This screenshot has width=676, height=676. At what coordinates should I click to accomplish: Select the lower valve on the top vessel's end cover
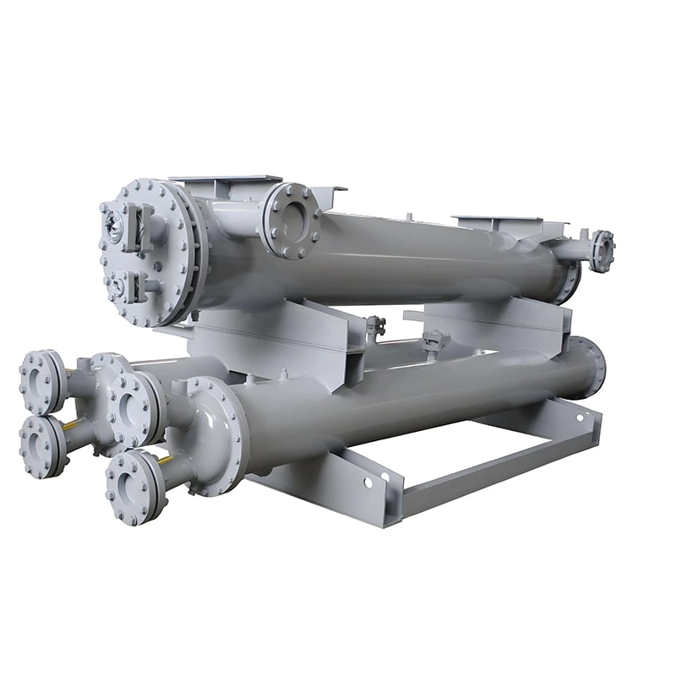pos(118,286)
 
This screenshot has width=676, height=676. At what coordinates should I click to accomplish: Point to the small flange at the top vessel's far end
pos(602,251)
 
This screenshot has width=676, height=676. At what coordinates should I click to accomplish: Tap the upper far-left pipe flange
pos(41,382)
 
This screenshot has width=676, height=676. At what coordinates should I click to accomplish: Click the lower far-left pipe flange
pos(41,444)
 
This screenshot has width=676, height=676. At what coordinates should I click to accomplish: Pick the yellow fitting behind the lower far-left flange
pos(72,425)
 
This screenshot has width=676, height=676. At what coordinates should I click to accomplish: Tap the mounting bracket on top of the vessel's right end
pos(507,225)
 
